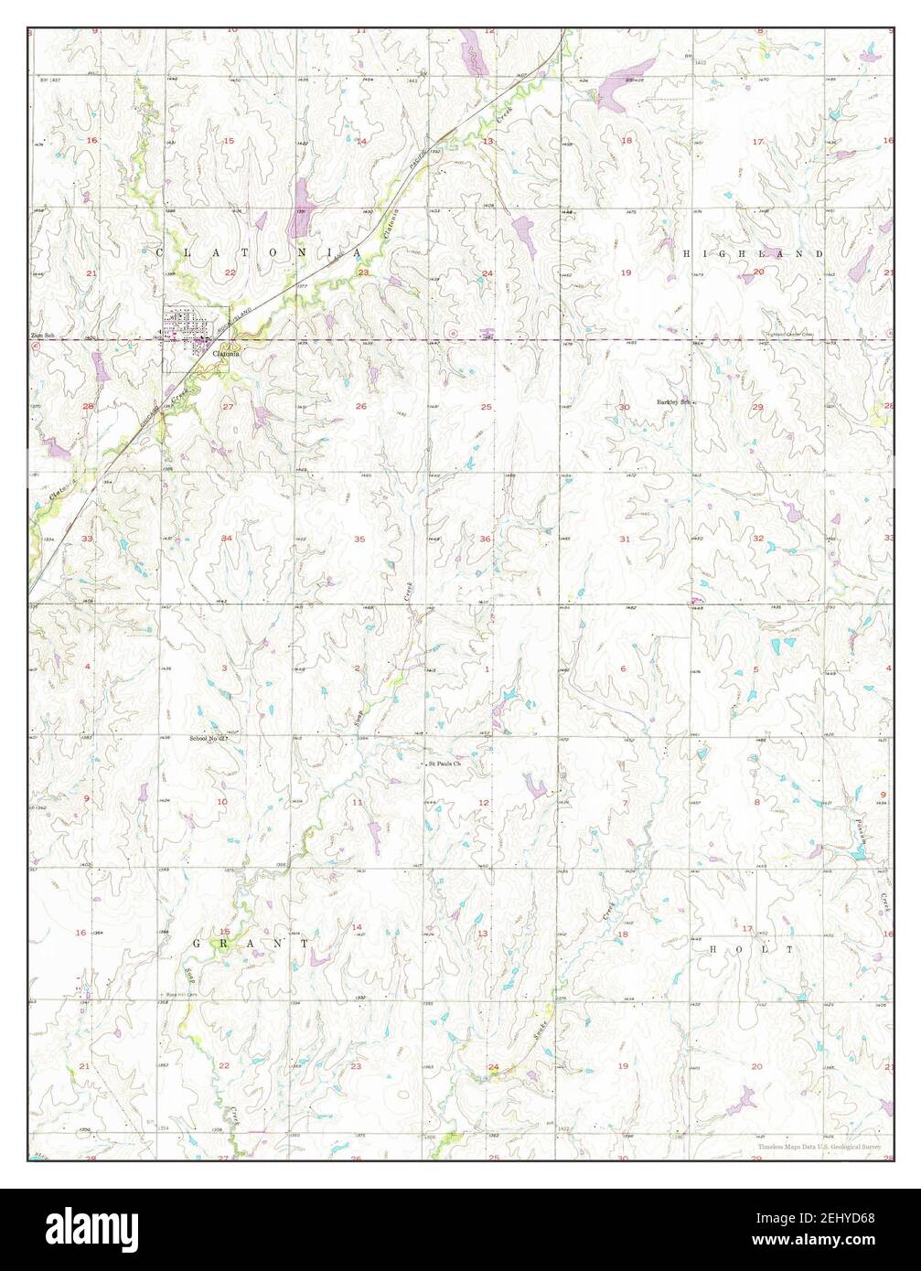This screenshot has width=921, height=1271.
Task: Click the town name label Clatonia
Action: (x=226, y=354)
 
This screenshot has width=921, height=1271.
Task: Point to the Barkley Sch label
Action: (x=672, y=401)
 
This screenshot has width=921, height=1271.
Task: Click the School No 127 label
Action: (x=207, y=737)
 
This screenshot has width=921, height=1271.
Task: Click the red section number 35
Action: (x=359, y=539)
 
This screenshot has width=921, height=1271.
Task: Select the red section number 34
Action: (x=227, y=539)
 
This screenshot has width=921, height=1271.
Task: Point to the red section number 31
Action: (x=625, y=539)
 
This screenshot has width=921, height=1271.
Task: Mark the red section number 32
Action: (x=757, y=539)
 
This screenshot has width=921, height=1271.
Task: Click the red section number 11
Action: (x=357, y=802)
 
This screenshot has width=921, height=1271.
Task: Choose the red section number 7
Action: (x=625, y=803)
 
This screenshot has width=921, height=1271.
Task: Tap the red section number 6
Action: (x=624, y=668)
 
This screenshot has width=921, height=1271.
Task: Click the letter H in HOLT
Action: (x=714, y=950)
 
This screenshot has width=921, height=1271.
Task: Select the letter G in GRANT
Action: (x=198, y=941)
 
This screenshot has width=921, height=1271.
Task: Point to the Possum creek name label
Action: (x=861, y=831)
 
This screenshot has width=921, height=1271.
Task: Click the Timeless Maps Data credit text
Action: (x=818, y=1146)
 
